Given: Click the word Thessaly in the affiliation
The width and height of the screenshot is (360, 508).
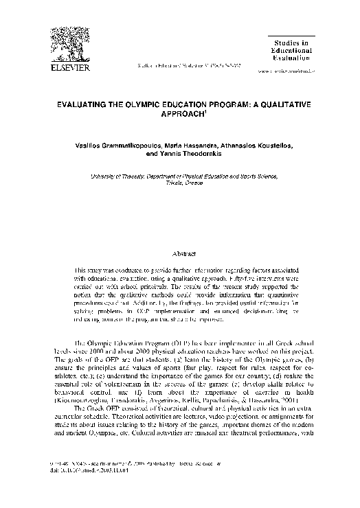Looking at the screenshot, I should click(x=128, y=176).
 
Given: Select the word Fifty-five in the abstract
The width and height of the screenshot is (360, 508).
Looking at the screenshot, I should click(x=230, y=270).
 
